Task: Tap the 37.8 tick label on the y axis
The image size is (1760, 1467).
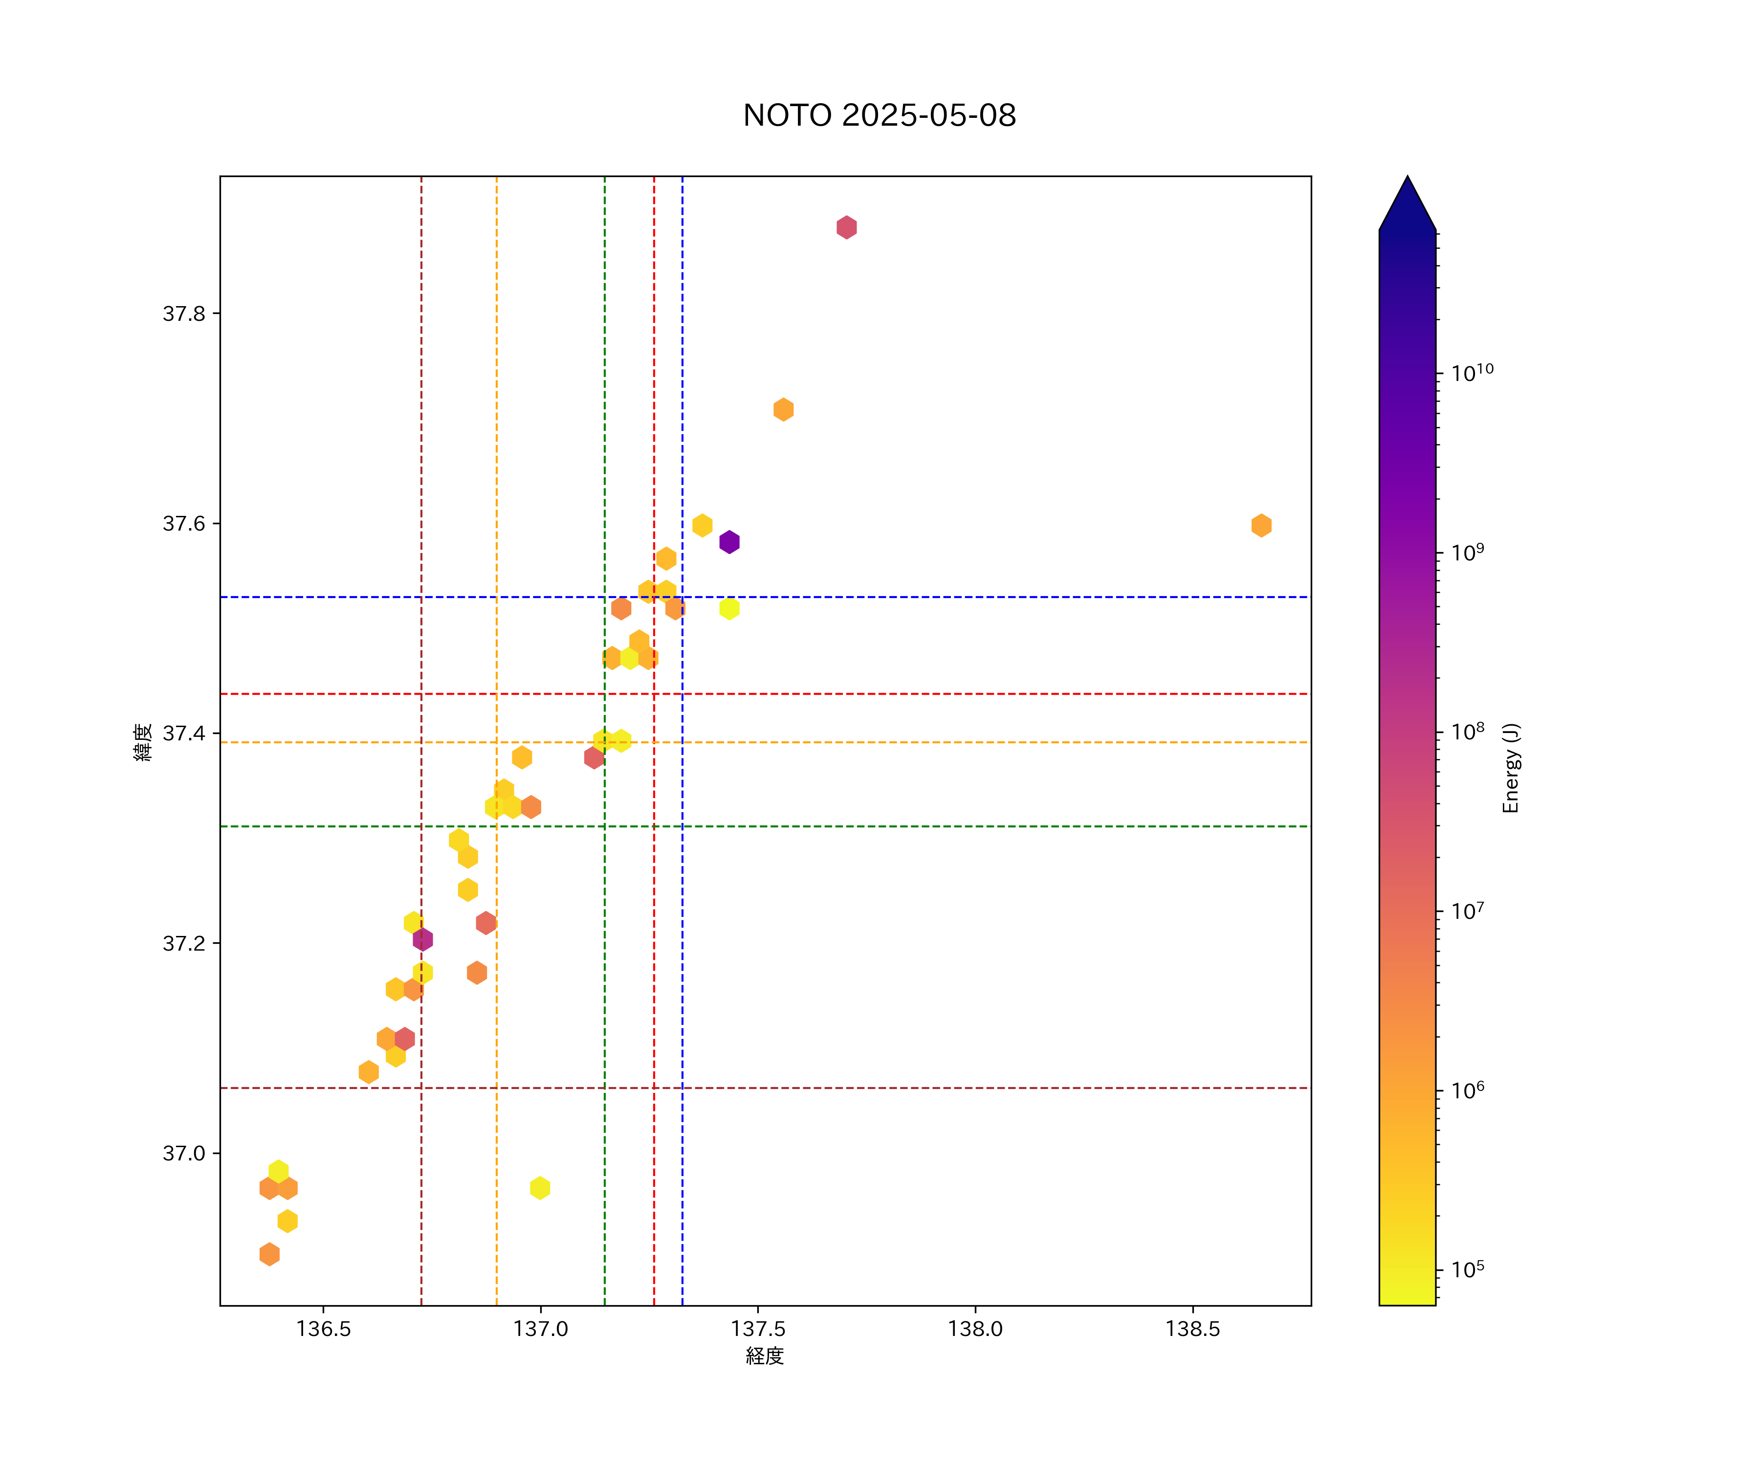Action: [x=183, y=314]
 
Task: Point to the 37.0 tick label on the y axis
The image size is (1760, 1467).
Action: [x=183, y=1154]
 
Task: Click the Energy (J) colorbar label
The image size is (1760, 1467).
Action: [x=1510, y=768]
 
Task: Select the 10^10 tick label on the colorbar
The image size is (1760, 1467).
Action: [x=1472, y=372]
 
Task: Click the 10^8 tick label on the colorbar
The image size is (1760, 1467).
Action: [x=1468, y=731]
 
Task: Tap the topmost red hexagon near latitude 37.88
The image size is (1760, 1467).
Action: [x=846, y=227]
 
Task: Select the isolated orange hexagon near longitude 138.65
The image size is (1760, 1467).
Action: [x=1261, y=526]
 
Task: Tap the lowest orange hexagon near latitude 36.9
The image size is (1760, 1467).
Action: [x=269, y=1254]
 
